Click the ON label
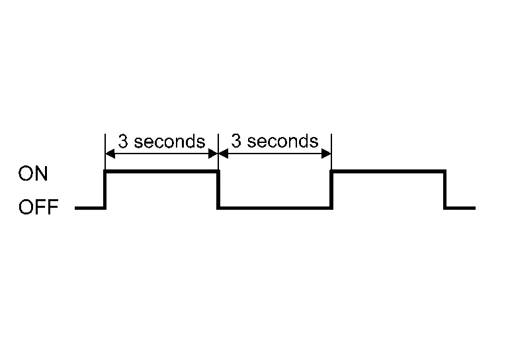coord(33,173)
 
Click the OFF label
coord(38,207)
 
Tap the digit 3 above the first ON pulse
coord(123,141)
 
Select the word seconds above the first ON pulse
coord(170,141)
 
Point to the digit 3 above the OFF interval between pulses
coord(236,141)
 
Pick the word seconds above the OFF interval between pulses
coord(283,141)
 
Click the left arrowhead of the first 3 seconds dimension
coord(110,154)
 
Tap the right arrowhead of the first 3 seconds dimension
coord(213,154)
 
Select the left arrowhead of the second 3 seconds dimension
coord(224,154)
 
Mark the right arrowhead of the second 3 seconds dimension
coord(326,154)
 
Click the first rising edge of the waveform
coord(105,189)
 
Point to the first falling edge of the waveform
coord(218,189)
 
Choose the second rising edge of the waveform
coord(331,189)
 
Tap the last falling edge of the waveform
coord(444,189)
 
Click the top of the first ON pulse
coord(161,171)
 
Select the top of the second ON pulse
coord(388,171)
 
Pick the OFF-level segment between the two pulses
coord(275,208)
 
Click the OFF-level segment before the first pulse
coord(90,208)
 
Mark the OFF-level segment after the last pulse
coord(460,208)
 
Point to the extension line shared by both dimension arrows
coord(218,152)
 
